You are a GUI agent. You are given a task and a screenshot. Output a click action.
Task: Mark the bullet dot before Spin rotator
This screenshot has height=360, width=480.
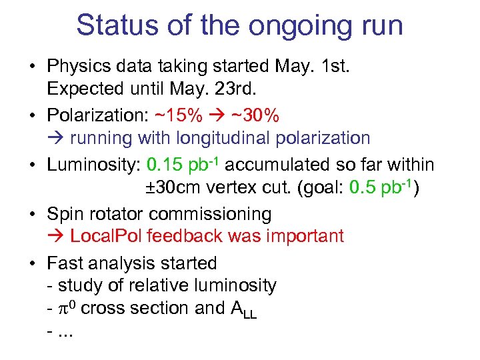[x=32, y=214]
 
